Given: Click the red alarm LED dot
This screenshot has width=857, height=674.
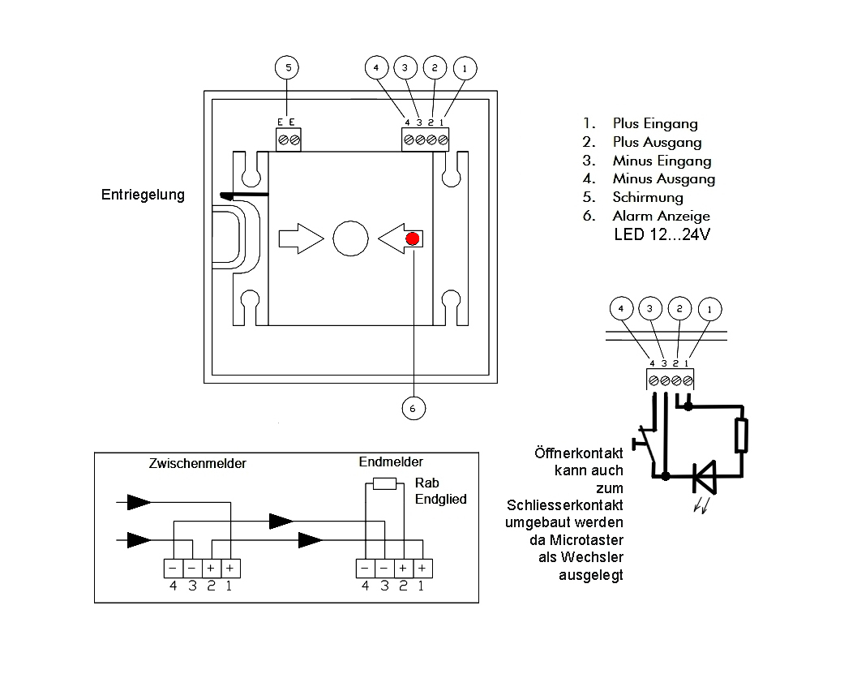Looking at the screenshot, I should (413, 238).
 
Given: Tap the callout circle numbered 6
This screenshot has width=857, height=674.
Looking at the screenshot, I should (413, 408).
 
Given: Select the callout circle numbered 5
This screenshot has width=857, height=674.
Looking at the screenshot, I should (287, 67).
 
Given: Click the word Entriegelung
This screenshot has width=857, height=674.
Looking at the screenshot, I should (143, 195).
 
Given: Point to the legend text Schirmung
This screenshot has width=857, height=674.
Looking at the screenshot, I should (648, 197).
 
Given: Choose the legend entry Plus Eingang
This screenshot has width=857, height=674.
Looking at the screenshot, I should (654, 124).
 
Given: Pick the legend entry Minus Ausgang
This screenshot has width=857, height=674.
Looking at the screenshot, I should (663, 178).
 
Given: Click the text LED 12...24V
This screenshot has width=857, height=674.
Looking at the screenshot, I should (662, 235).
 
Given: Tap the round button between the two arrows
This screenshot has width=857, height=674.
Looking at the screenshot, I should (350, 238).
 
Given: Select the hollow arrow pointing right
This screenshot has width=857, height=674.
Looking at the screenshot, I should (300, 238).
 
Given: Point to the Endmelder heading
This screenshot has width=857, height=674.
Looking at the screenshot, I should (391, 462).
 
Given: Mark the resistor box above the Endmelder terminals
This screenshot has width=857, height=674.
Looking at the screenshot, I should (384, 484).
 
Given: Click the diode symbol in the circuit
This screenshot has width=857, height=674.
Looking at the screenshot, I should (702, 476).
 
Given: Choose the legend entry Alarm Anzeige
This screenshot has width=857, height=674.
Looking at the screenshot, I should (661, 216).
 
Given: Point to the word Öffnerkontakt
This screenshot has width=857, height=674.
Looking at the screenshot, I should (578, 453).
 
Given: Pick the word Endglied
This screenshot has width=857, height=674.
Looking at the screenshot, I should (441, 500).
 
